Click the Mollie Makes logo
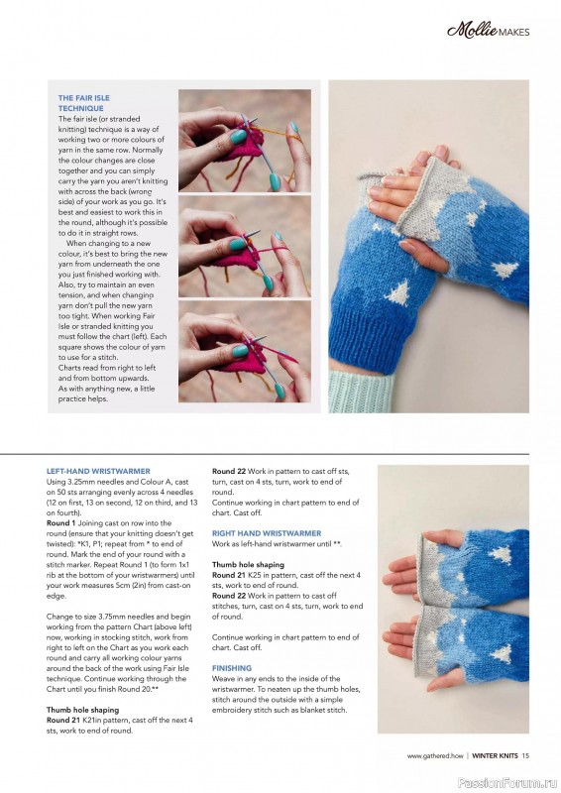pos(488,31)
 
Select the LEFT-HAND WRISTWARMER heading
pos(97,470)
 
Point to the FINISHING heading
pos(232,668)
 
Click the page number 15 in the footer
pos(526,756)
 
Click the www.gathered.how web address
pos(435,756)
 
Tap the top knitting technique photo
pos(244,140)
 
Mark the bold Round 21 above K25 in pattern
pos(230,575)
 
